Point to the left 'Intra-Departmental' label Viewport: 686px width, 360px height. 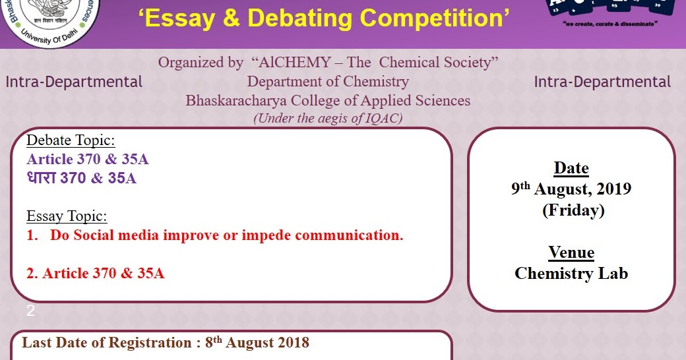[74, 82]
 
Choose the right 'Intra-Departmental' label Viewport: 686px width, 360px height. [602, 82]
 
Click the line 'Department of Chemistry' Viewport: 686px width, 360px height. [328, 82]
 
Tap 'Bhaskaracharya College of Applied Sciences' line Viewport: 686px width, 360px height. [328, 101]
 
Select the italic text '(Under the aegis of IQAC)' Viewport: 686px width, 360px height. [328, 119]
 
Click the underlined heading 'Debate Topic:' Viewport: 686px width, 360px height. [71, 140]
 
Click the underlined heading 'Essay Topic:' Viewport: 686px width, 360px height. [67, 216]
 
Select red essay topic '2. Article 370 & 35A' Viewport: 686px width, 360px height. [96, 273]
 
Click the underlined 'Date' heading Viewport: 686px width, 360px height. [571, 168]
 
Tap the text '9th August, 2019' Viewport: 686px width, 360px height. [571, 189]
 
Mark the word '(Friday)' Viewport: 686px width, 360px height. [571, 210]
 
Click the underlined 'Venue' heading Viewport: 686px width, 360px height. [571, 253]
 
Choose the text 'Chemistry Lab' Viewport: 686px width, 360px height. [571, 273]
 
